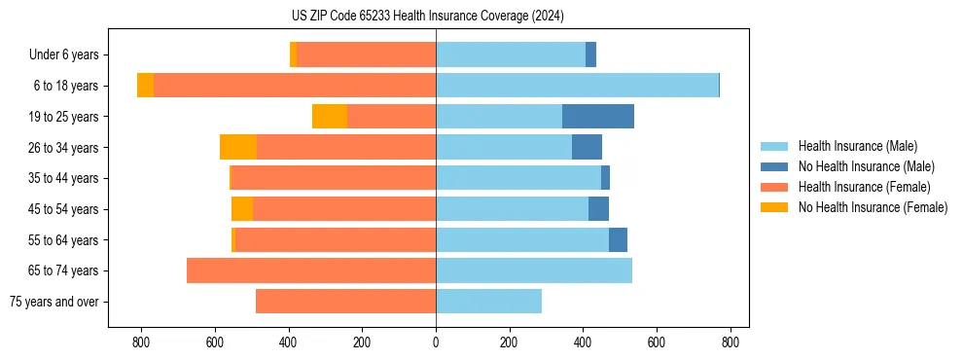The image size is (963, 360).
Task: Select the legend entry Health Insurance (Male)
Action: tap(857, 146)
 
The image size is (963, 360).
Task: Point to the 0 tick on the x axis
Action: tap(436, 342)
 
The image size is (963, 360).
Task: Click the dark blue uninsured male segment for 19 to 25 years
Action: tap(598, 117)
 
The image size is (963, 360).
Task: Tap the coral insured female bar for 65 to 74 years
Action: tap(311, 270)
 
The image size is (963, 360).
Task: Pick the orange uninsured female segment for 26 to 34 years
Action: tap(238, 147)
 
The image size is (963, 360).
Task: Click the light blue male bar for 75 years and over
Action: tap(488, 302)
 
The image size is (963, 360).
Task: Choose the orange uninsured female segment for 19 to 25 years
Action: tap(330, 117)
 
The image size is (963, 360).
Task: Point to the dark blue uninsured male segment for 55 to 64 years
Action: tap(618, 239)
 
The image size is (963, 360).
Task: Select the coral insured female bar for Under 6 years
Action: tap(367, 54)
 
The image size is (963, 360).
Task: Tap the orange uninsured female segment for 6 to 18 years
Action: tap(145, 86)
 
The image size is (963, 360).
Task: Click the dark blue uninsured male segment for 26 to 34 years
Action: tap(587, 147)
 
